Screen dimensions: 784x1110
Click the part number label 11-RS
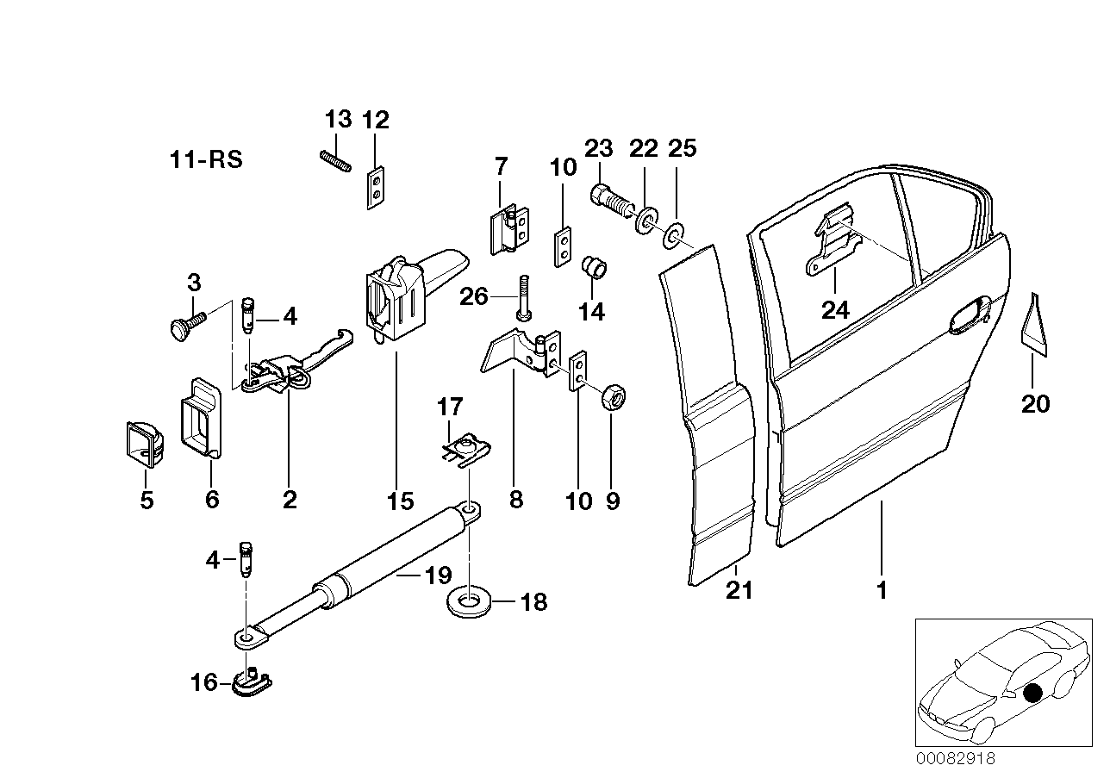pos(206,159)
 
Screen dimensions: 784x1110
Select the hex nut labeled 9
pos(613,397)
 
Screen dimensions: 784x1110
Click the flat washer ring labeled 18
pos(471,600)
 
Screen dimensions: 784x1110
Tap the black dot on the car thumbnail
pos(1033,691)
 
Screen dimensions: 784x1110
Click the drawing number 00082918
pos(955,759)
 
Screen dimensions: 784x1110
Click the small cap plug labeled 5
pos(143,441)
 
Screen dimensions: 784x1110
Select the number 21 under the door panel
pos(739,590)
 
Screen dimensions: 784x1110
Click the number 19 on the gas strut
pos(438,576)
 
